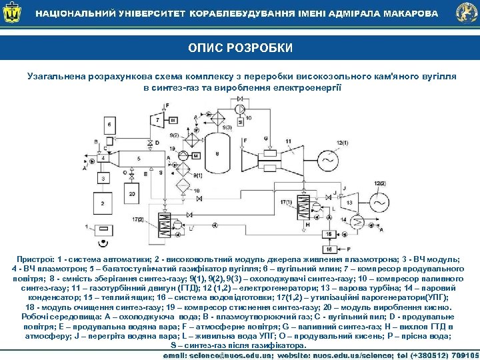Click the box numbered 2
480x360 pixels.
tap(103, 203)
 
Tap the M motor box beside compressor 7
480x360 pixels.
tap(174, 120)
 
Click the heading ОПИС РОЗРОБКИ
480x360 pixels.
tap(240, 48)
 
